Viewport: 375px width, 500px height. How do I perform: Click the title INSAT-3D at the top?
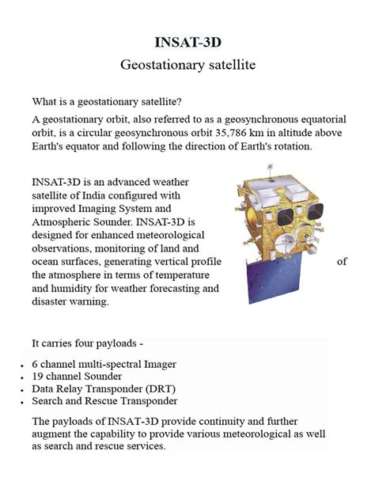(187, 41)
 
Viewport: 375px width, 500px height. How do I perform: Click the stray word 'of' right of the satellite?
(342, 262)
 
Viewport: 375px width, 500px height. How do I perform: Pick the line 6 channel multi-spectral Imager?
(104, 364)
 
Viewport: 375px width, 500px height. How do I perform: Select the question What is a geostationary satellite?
(106, 101)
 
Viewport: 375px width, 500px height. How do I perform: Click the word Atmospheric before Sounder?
(64, 222)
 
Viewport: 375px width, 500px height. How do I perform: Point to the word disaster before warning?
(51, 302)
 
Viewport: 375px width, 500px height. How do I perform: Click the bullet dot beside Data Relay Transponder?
(18, 391)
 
